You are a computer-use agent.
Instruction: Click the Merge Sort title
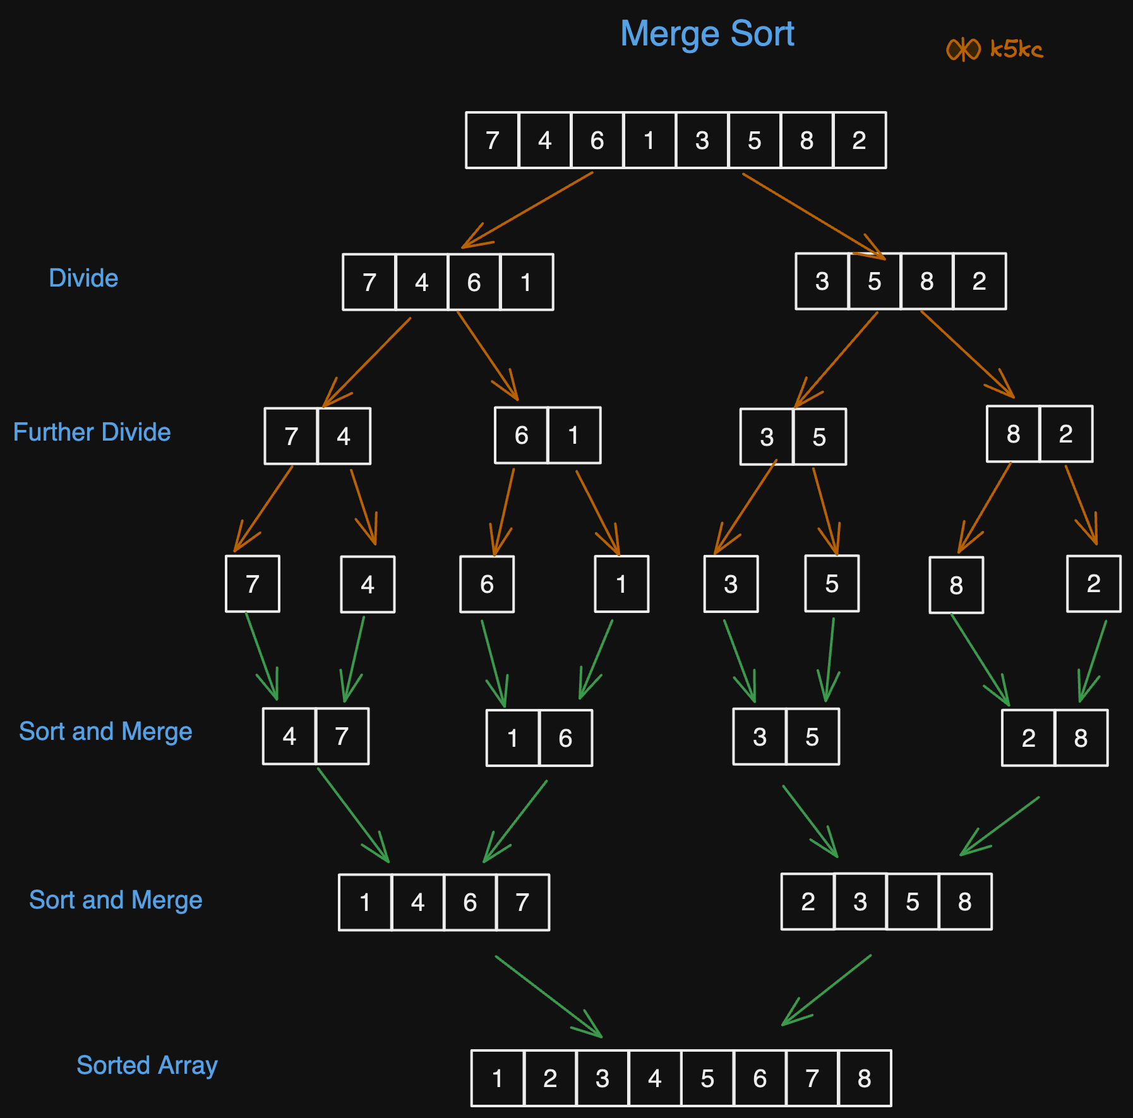(707, 33)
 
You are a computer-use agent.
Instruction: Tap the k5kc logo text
(1016, 49)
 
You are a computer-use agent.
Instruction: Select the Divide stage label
(83, 278)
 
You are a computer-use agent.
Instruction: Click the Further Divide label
(92, 432)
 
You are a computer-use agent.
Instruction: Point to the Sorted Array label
(147, 1065)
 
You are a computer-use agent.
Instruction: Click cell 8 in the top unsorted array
(806, 140)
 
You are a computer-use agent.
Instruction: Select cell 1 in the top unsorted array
(649, 140)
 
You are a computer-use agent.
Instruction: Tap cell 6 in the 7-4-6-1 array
(474, 282)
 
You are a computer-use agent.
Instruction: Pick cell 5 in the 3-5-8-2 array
(874, 282)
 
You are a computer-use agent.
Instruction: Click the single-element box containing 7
(252, 584)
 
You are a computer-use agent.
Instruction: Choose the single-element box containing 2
(1093, 584)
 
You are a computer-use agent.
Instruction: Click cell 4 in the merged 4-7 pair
(289, 736)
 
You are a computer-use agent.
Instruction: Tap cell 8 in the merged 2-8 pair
(1081, 737)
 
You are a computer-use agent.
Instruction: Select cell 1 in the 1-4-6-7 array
(365, 902)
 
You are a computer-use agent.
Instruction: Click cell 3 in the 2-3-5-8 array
(860, 901)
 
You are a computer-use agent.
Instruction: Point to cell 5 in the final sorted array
(707, 1078)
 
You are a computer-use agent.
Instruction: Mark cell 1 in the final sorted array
(498, 1078)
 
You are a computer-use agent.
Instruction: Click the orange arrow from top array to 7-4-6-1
(527, 210)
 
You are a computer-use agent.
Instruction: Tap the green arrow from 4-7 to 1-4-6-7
(353, 815)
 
